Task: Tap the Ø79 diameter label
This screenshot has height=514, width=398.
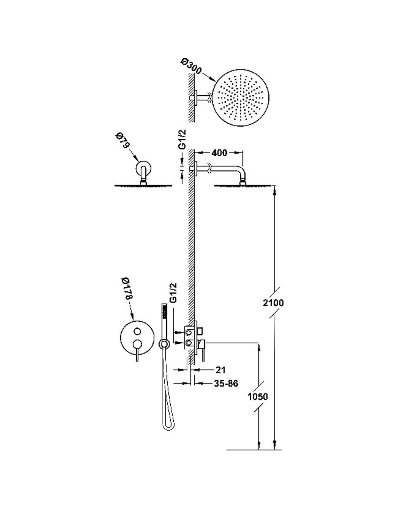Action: coord(123,142)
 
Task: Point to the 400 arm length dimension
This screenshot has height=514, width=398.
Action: coord(219,153)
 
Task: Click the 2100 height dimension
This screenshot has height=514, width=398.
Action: coord(273,303)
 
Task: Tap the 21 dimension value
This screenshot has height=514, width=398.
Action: coord(220,370)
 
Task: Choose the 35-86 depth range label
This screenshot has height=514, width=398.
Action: coord(225,384)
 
